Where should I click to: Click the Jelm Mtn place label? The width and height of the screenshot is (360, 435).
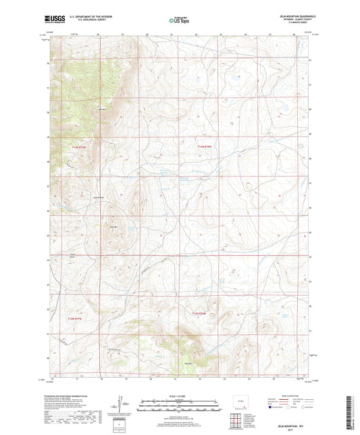coord(103,109)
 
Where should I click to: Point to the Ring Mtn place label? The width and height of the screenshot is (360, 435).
coord(114,228)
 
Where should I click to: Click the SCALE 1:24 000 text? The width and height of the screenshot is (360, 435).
coord(178,396)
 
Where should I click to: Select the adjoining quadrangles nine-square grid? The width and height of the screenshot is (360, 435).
coord(236,420)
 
